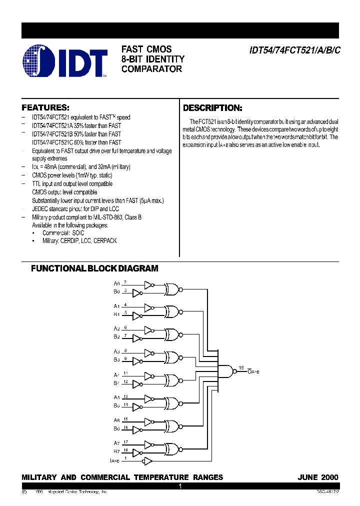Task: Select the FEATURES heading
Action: coord(45,107)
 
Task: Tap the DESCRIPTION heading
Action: coord(212,108)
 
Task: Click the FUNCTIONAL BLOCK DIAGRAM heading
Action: coord(94,268)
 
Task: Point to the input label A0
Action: coord(116,283)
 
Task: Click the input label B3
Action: coord(116,359)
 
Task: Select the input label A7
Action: coord(116,443)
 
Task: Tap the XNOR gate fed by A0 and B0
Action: coord(172,288)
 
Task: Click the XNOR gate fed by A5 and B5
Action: coord(172,402)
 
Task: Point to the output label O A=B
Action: coord(254,372)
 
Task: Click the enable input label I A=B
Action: coord(115,459)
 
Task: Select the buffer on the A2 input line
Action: coord(148,330)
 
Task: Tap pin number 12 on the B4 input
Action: coord(126,381)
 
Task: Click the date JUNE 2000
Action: coord(318,477)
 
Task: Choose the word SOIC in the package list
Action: coord(77,233)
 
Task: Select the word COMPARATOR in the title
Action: coord(151,69)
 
